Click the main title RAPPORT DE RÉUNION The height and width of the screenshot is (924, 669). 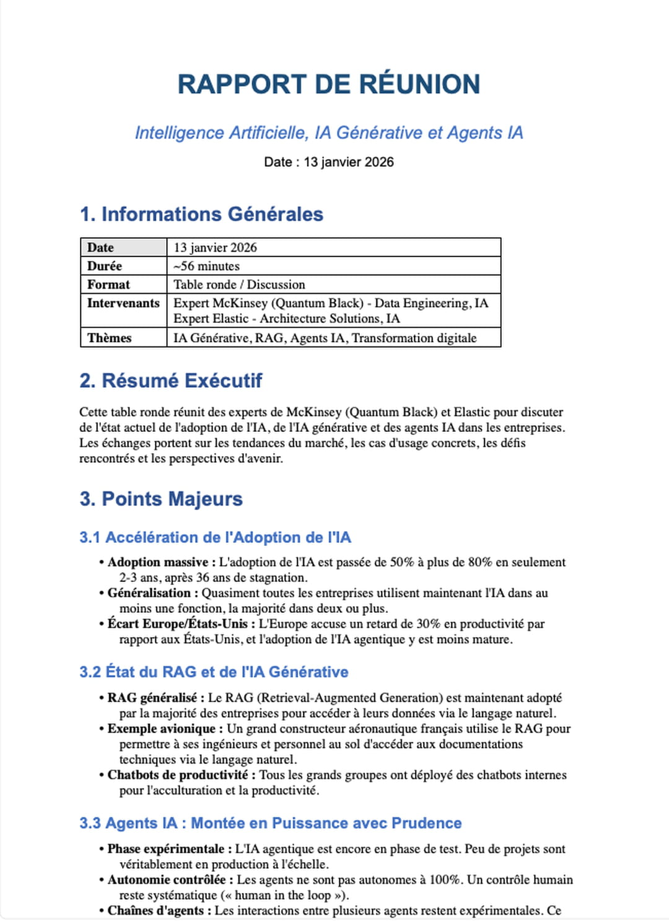click(329, 84)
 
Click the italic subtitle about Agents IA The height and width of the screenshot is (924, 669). click(329, 133)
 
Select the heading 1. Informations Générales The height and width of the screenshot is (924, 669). click(201, 214)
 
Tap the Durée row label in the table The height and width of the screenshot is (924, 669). click(105, 266)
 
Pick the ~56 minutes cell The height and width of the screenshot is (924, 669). click(206, 266)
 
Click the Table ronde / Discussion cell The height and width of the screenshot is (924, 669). click(239, 284)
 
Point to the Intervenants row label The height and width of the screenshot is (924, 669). click(123, 303)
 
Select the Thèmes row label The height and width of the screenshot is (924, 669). click(109, 338)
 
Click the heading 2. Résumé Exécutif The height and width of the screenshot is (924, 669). click(171, 381)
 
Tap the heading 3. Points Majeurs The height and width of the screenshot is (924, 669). click(161, 499)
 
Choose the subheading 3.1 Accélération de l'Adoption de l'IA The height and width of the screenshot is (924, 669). click(215, 537)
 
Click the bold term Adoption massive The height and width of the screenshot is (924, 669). click(158, 562)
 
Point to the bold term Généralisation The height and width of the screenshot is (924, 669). click(149, 593)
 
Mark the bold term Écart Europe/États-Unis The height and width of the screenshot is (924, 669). click(178, 624)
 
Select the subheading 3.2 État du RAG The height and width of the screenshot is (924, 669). click(214, 672)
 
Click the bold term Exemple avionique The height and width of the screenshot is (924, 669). click(162, 729)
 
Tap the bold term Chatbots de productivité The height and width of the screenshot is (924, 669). click(178, 775)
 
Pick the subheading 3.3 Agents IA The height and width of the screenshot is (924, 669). click(270, 823)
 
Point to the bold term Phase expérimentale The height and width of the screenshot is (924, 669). click(166, 849)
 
